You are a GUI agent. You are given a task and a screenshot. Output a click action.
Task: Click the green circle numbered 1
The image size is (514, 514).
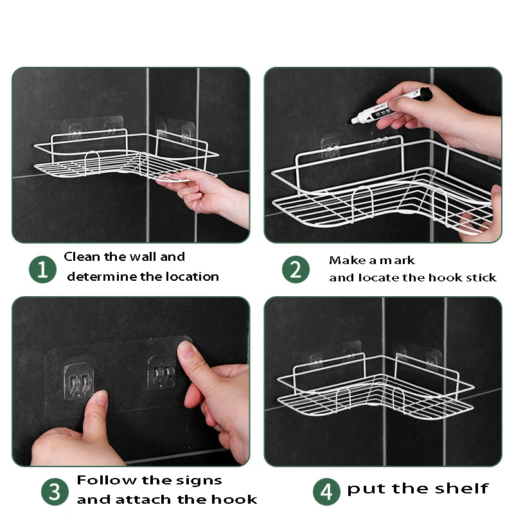(42, 269)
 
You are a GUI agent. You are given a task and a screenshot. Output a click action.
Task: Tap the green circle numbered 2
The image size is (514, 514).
(296, 269)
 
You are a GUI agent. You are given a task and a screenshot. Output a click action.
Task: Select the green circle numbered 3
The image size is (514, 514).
(55, 492)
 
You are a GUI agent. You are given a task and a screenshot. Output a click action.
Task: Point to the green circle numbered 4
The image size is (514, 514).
(326, 492)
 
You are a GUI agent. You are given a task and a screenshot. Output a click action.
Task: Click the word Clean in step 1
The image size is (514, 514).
(82, 256)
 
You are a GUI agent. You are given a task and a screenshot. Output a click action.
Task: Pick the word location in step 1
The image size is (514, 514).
(192, 277)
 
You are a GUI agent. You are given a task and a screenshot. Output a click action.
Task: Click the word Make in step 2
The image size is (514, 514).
(347, 260)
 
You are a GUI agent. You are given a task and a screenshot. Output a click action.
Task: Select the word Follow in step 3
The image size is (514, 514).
(107, 480)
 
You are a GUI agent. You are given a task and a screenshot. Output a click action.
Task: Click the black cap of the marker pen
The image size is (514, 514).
(426, 94)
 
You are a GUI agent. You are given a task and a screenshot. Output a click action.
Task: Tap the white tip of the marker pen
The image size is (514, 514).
(353, 120)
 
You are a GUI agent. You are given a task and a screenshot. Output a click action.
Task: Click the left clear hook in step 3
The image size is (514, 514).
(78, 381)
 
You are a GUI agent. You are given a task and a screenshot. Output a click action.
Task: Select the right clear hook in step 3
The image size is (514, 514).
(162, 373)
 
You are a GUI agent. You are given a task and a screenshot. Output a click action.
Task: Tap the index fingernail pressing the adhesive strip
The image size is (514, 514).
(186, 349)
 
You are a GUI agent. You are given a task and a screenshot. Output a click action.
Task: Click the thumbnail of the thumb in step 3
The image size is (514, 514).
(102, 399)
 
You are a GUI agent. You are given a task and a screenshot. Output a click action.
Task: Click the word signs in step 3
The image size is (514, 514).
(199, 481)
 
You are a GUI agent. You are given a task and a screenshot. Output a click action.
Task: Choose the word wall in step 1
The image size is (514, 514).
(142, 256)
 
